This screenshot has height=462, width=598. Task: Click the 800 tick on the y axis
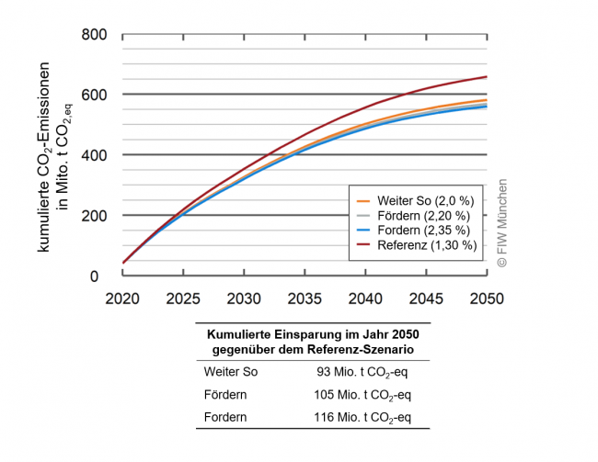tap(96, 35)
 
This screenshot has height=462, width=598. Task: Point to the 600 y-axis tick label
tap(96, 95)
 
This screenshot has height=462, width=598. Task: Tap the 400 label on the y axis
tap(96, 155)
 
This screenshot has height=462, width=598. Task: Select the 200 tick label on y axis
tap(96, 215)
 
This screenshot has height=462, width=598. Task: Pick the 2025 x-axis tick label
tap(182, 299)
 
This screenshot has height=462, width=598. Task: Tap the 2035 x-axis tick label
tap(305, 299)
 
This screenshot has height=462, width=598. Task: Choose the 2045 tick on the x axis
tap(426, 299)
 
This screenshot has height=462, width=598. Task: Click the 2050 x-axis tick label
tap(486, 299)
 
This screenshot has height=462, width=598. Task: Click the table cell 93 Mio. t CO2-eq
tap(357, 372)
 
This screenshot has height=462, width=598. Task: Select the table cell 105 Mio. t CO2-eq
tap(357, 395)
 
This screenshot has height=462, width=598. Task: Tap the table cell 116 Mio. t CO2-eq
tap(357, 418)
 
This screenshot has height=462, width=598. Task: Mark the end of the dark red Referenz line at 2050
tap(486, 77)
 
